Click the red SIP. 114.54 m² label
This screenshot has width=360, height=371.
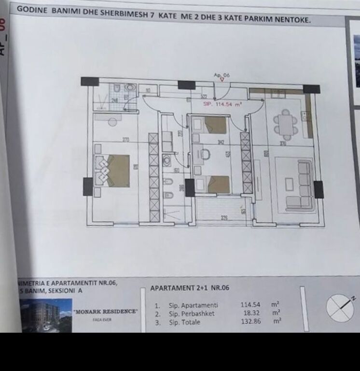[x=222, y=103]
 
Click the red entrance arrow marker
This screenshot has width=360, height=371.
[x=222, y=81]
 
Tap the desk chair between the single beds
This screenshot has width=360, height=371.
[x=205, y=155]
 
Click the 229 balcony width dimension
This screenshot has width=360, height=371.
[x=224, y=218]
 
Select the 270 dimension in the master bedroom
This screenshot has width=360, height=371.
[x=125, y=140]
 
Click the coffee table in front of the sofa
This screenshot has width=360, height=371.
[x=289, y=184]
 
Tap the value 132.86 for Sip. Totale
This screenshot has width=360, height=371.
[x=250, y=321]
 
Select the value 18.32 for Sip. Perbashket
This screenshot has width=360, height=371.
[x=250, y=313]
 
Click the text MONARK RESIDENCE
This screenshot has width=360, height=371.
[x=106, y=312]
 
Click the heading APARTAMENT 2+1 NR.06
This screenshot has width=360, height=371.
[x=190, y=288]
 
